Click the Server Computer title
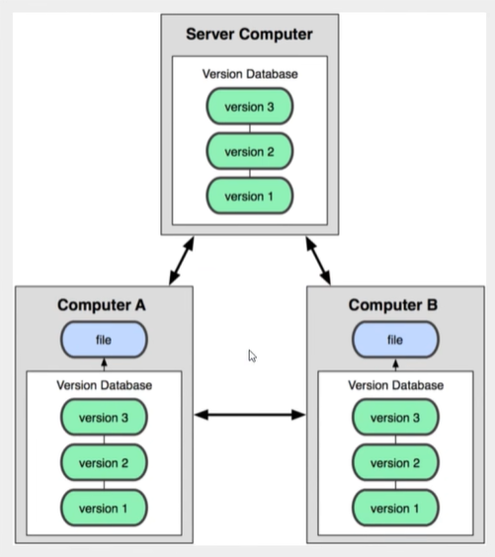249,35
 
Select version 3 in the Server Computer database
249,107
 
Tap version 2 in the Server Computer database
249,151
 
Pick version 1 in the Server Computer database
249,196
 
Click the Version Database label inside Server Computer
249,74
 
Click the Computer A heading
102,305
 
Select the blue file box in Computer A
104,340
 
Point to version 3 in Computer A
104,418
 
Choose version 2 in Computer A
104,462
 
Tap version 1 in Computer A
104,507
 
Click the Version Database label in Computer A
104,385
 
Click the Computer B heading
394,305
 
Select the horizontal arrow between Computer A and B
250,416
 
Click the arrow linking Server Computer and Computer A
181,260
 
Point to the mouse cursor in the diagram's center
252,356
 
